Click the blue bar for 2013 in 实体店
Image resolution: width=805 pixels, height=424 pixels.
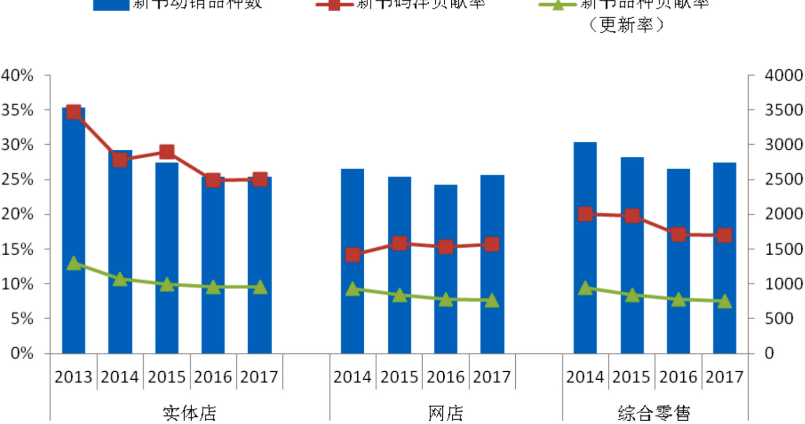tap(73, 231)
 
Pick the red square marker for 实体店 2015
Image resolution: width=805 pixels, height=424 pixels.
tap(167, 152)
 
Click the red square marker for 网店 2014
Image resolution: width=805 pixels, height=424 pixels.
tap(353, 255)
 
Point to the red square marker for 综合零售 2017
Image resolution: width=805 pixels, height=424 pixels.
tap(725, 235)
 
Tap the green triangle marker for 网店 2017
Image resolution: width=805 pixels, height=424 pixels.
tap(492, 300)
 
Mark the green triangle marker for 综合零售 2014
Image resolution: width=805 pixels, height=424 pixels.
tap(585, 288)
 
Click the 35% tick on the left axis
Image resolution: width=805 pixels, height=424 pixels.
tap(18, 110)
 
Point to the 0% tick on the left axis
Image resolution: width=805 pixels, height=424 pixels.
tap(22, 353)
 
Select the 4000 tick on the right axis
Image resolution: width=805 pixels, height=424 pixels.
tap(783, 75)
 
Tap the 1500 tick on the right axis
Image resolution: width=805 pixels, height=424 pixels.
tap(783, 249)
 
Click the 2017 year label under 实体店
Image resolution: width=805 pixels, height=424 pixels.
tap(260, 377)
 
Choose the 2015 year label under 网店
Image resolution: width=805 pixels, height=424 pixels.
tap(399, 377)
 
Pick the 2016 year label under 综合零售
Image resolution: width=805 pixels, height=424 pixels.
tap(678, 377)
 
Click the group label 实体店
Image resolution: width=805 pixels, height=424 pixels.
tap(190, 413)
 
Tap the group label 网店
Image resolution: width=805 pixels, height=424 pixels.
tap(446, 413)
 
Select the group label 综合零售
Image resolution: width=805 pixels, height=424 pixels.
tap(654, 413)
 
